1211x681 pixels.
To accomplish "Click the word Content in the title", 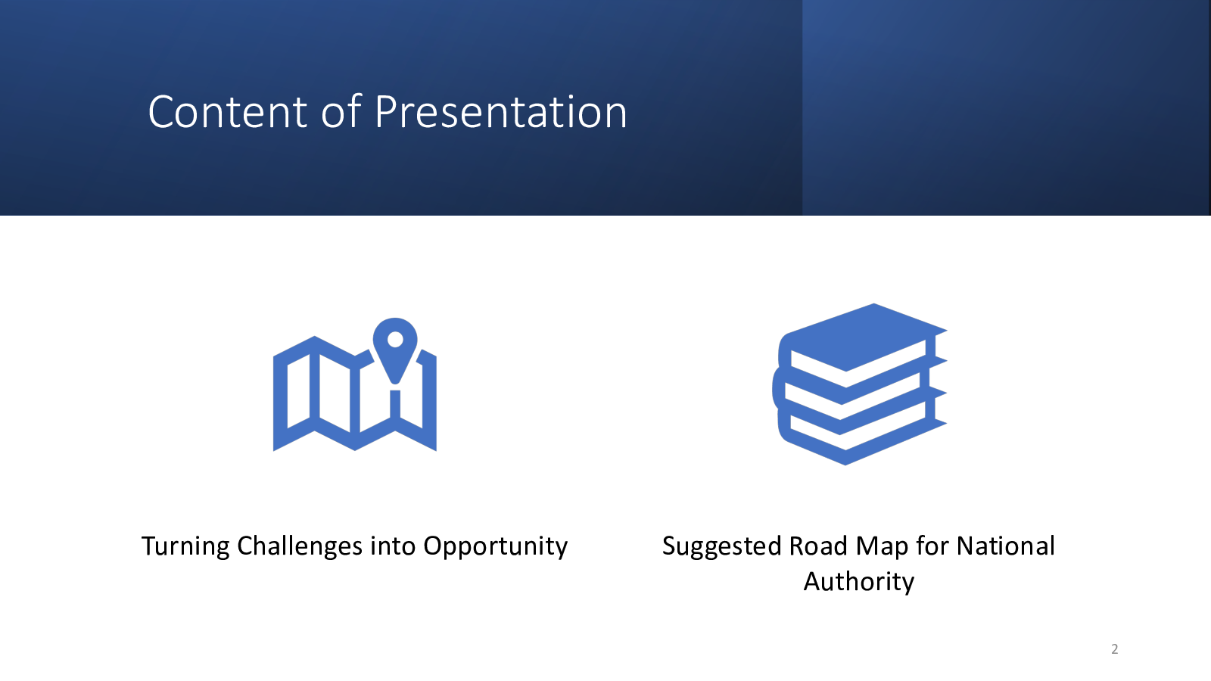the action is point(228,112).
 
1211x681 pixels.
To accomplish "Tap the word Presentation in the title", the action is point(500,112).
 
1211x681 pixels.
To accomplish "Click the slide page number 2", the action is point(1114,648).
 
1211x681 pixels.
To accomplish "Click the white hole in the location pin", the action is point(395,340).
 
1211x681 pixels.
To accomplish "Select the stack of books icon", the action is point(860,384).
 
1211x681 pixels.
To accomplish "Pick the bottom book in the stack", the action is point(860,435).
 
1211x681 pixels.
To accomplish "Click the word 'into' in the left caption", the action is point(393,546).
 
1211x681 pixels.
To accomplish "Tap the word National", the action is point(1006,546).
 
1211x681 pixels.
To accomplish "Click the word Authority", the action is point(858,582).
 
